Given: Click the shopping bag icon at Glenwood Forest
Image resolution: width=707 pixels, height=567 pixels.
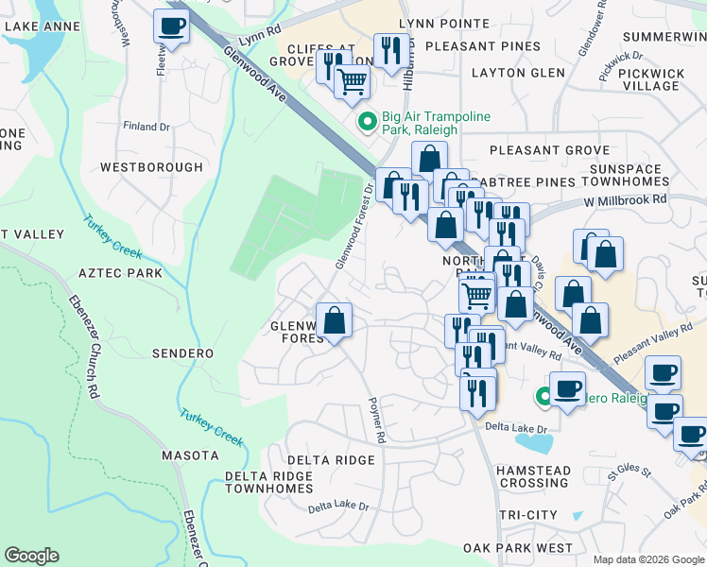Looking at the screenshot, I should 334,319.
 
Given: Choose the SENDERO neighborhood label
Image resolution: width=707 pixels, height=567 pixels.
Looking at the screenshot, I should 183,352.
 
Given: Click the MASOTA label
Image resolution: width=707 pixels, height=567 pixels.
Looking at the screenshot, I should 190,455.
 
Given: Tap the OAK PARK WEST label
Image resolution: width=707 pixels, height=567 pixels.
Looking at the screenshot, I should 518,548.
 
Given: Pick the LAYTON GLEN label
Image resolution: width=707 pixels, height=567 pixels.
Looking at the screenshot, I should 518,73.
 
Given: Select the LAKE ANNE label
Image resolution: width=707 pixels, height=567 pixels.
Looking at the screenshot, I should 35,26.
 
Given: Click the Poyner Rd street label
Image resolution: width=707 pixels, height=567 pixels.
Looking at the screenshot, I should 376,419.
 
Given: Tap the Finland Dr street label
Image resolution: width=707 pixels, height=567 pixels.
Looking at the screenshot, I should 147,126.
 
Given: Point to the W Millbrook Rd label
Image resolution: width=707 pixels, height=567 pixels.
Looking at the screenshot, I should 625,200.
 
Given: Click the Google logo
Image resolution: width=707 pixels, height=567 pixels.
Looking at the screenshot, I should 31,556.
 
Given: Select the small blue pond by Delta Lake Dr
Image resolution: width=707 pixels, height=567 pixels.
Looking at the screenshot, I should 534,442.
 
